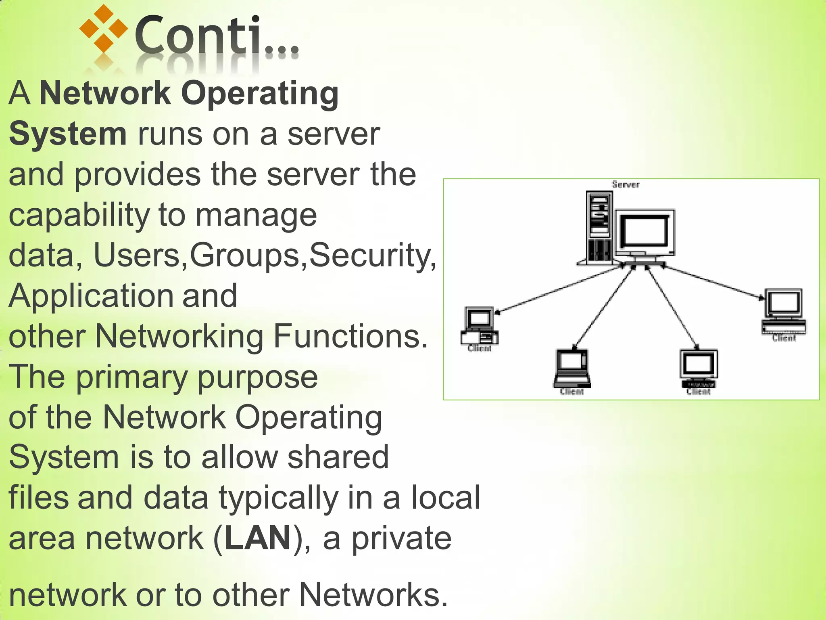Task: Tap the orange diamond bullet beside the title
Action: coord(104,28)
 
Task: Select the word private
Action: coord(401,538)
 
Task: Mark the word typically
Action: coord(279,498)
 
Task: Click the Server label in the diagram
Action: coord(626,185)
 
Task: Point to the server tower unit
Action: coord(600,228)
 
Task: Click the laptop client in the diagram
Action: coord(572,367)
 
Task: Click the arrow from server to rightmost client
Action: coord(712,282)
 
